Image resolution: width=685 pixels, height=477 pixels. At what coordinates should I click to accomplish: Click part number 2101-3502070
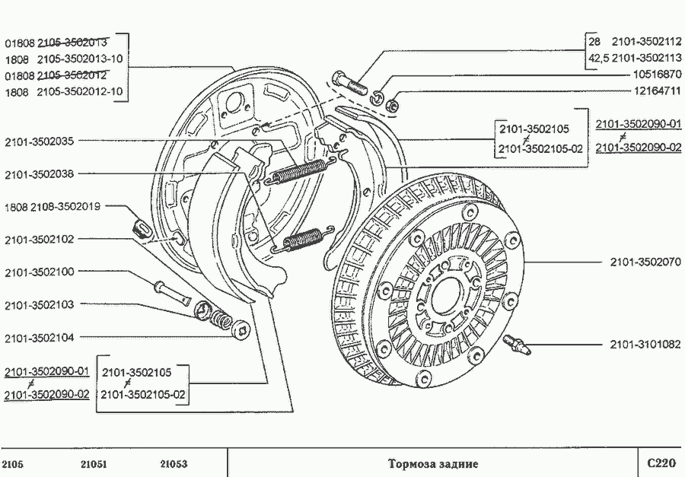pos(646,262)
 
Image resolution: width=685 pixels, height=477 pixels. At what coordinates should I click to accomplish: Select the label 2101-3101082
pos(646,345)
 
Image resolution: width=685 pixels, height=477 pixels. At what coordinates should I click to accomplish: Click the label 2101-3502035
pos(39,141)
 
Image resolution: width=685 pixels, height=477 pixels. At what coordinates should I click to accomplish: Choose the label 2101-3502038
pos(39,173)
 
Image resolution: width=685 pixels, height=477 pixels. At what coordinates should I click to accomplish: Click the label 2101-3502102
pos(39,239)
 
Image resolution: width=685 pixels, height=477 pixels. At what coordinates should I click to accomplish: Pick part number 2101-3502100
pos(39,272)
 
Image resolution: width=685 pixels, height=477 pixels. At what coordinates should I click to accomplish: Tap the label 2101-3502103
pos(39,304)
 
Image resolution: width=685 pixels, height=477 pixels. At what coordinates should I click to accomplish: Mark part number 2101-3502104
pos(39,337)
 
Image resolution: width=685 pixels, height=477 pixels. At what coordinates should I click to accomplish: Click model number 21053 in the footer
pos(174,463)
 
